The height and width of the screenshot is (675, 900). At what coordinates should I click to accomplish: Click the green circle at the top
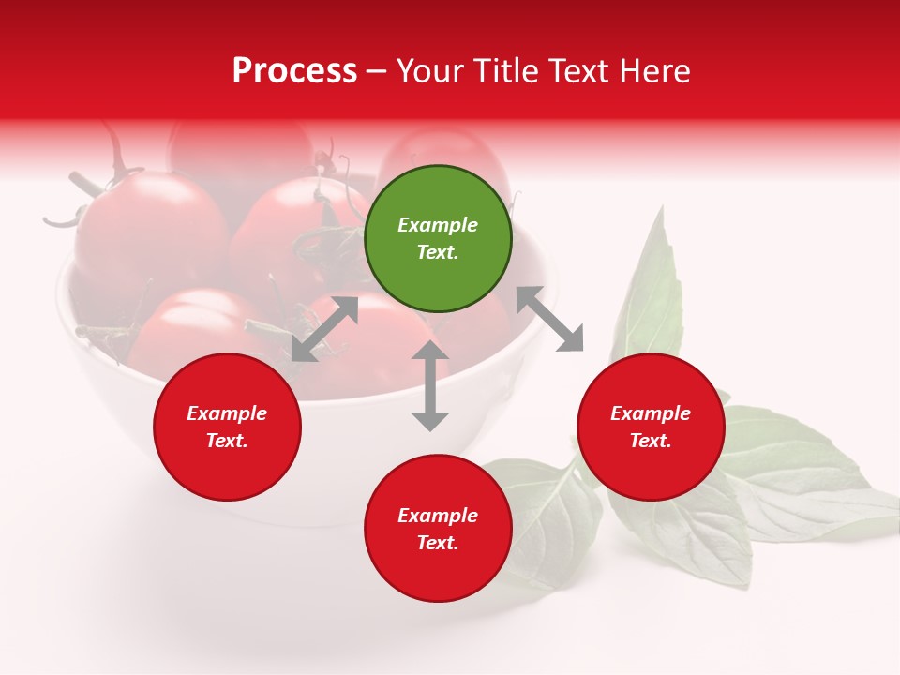pos(438,238)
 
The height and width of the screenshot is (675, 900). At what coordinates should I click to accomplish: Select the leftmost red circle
pos(227,427)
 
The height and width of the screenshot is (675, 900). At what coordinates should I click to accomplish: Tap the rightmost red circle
pos(651,427)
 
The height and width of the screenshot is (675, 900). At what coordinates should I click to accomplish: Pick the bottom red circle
pos(438,529)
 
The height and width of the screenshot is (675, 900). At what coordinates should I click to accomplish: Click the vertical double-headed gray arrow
pos(430,385)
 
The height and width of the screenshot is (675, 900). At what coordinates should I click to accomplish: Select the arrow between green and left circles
pos(324,329)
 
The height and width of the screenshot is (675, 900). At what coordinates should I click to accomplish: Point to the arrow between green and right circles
pos(549,319)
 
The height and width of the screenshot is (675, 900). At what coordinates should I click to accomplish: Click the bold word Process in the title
pos(294,71)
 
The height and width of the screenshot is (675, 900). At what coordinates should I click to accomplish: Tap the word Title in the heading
pos(506,71)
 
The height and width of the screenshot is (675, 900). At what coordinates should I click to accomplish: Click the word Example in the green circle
pos(438,225)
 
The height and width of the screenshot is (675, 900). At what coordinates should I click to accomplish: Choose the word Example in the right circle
pos(651,413)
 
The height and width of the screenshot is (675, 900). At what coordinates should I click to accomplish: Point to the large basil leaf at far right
pos(806,478)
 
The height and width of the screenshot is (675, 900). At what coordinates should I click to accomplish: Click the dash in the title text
pos(377,72)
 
